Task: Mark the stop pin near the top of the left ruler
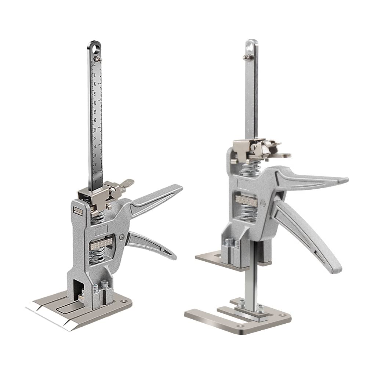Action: coord(97,58)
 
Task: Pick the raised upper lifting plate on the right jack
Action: coord(213,257)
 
